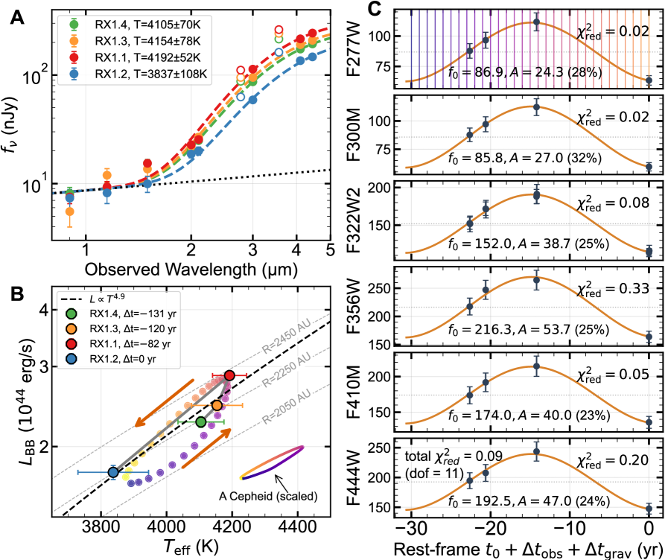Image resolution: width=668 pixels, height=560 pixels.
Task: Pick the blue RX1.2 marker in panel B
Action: pyautogui.click(x=113, y=472)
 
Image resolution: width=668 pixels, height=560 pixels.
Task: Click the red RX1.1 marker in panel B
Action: pyautogui.click(x=229, y=375)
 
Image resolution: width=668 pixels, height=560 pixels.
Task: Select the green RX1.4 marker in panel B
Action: pyautogui.click(x=201, y=422)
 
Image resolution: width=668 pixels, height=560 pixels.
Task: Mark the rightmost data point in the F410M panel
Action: pyautogui.click(x=649, y=422)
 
